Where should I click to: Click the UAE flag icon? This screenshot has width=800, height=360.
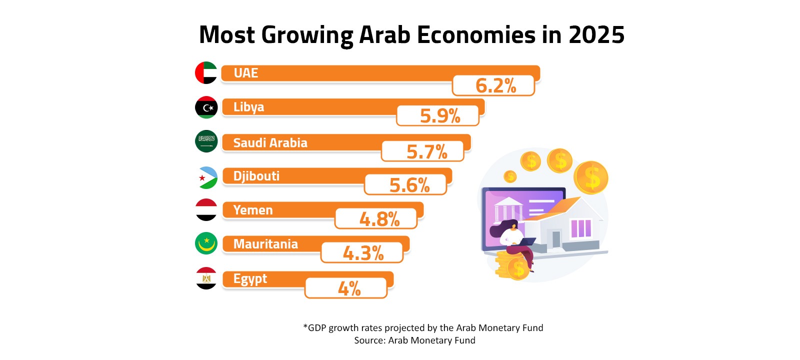[206, 73]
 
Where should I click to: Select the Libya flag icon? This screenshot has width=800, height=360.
[206, 107]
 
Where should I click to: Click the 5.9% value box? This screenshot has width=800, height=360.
[438, 116]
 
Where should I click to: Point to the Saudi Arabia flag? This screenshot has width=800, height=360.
[206, 141]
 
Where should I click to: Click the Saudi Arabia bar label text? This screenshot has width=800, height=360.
[270, 143]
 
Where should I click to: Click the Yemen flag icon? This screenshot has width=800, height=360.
[206, 210]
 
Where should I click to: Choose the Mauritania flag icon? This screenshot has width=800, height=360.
[206, 243]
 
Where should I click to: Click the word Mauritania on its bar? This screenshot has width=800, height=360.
[265, 244]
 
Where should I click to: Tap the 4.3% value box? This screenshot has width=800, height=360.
[362, 253]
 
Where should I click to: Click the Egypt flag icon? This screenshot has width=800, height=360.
[206, 278]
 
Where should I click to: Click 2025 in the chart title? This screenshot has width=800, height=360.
[596, 35]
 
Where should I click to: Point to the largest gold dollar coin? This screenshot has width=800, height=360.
[590, 177]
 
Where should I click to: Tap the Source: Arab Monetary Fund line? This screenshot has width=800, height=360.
[414, 340]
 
